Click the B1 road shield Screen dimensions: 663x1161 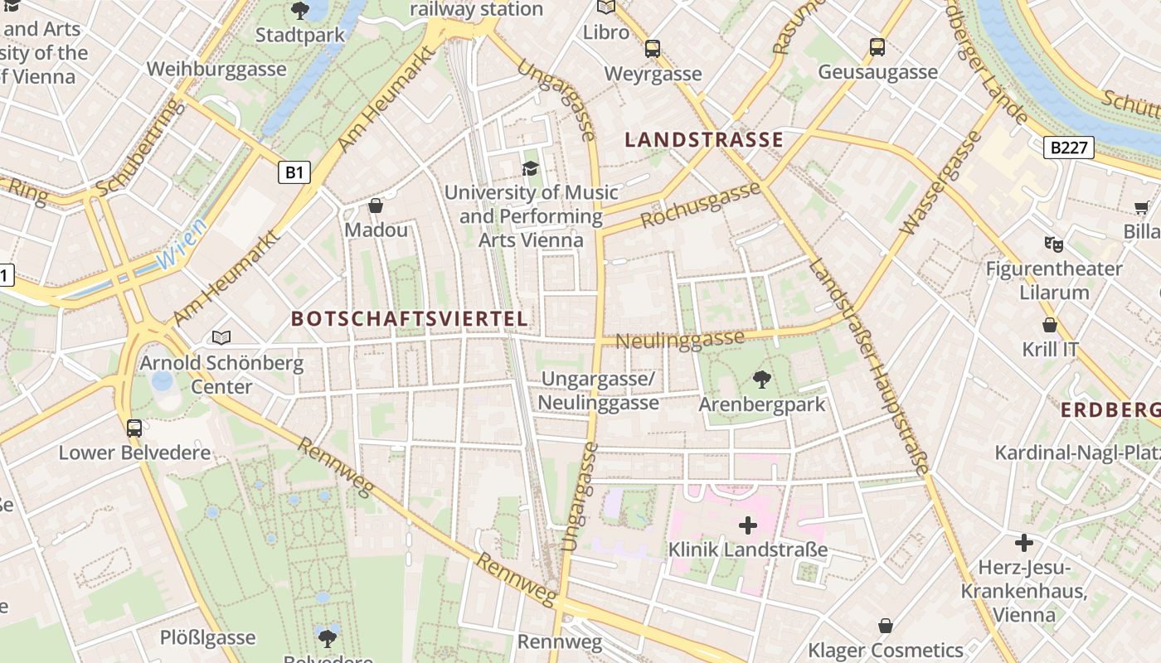tap(293, 172)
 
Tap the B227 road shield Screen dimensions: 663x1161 tap(1068, 148)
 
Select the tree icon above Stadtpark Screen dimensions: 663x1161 tap(300, 11)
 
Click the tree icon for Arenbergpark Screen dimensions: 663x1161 tap(761, 380)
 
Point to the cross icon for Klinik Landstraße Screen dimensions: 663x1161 tap(748, 525)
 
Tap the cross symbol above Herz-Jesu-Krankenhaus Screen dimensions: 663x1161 tap(1024, 543)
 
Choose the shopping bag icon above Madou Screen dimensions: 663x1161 tap(376, 206)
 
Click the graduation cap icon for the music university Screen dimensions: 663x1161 tap(530, 169)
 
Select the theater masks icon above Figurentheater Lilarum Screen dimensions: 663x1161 tap(1053, 244)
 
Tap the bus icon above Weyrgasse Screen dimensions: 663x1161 tap(653, 49)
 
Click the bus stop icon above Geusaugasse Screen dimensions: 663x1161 tap(877, 47)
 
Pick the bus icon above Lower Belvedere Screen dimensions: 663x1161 tap(134, 428)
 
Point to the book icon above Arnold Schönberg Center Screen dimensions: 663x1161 tap(221, 337)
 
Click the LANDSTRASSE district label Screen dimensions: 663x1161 tap(703, 140)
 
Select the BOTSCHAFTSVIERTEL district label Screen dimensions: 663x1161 tap(409, 319)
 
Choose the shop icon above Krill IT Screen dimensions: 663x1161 tap(1050, 325)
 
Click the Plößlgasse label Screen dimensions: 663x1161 tap(207, 637)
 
